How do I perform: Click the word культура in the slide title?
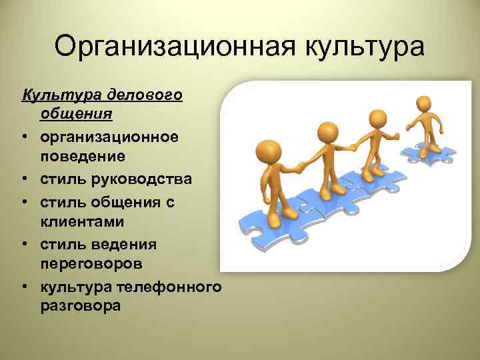point(365,47)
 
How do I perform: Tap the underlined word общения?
point(76,113)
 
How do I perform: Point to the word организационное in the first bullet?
point(109,137)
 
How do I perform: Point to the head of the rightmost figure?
point(424,104)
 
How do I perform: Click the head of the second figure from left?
point(326,131)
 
